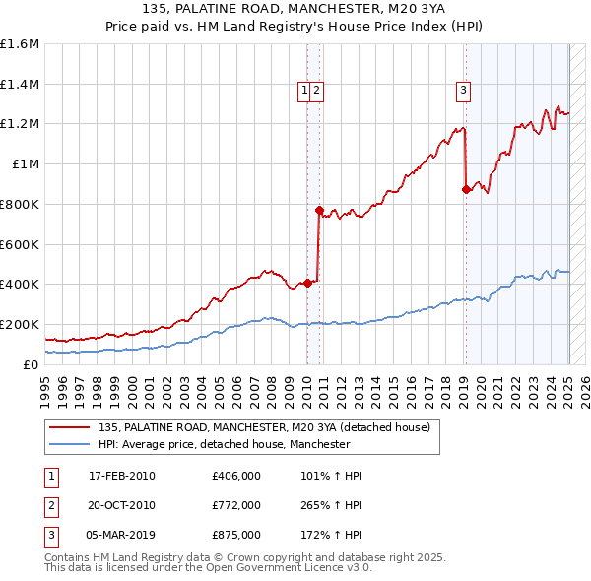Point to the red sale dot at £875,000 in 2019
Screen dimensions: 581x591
pyautogui.click(x=466, y=189)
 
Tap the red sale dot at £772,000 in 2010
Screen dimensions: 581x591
pyautogui.click(x=319, y=210)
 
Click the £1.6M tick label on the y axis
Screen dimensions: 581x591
pyautogui.click(x=20, y=44)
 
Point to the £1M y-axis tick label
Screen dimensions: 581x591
pyautogui.click(x=26, y=164)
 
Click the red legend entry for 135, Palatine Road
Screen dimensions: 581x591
pyautogui.click(x=264, y=428)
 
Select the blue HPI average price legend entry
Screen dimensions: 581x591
pyautogui.click(x=225, y=445)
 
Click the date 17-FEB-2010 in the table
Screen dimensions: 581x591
pyautogui.click(x=122, y=476)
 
